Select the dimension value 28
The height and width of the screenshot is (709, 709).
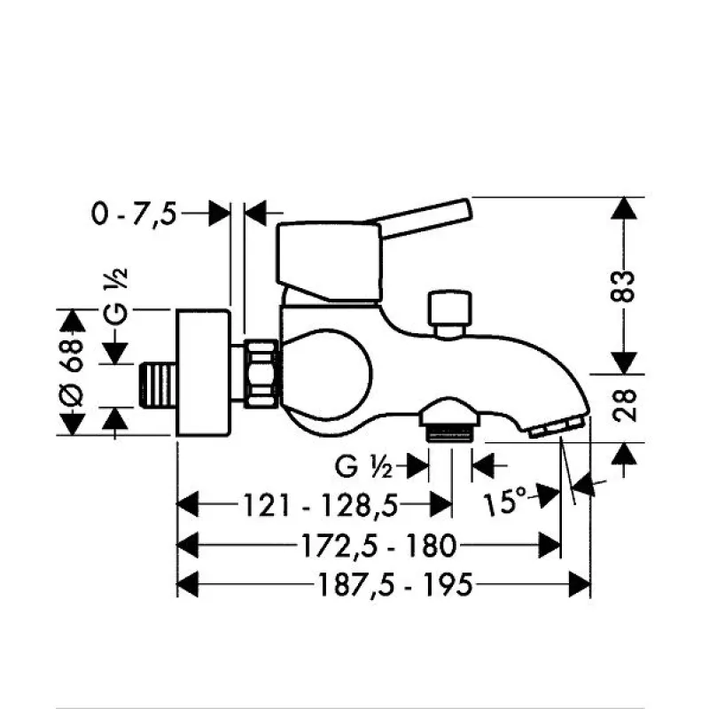(625, 406)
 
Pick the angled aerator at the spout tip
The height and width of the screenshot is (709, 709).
(558, 427)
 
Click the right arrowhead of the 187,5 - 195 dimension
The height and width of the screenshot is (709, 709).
(581, 584)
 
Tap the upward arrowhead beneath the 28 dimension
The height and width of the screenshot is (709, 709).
(625, 454)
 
